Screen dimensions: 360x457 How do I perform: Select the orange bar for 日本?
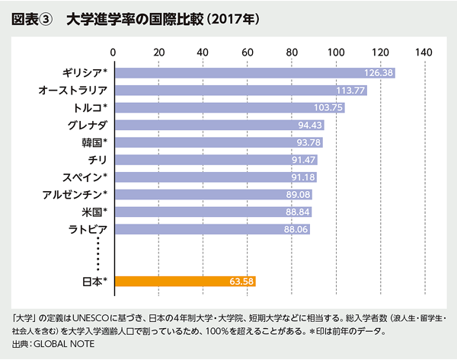click(x=184, y=282)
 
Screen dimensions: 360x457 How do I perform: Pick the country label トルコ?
click(x=84, y=107)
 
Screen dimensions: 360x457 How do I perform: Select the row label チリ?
click(x=97, y=159)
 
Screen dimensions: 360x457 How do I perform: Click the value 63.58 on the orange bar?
click(x=240, y=282)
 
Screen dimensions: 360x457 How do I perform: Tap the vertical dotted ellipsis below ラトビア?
click(x=98, y=252)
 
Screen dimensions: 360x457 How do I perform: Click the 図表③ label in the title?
click(x=31, y=18)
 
